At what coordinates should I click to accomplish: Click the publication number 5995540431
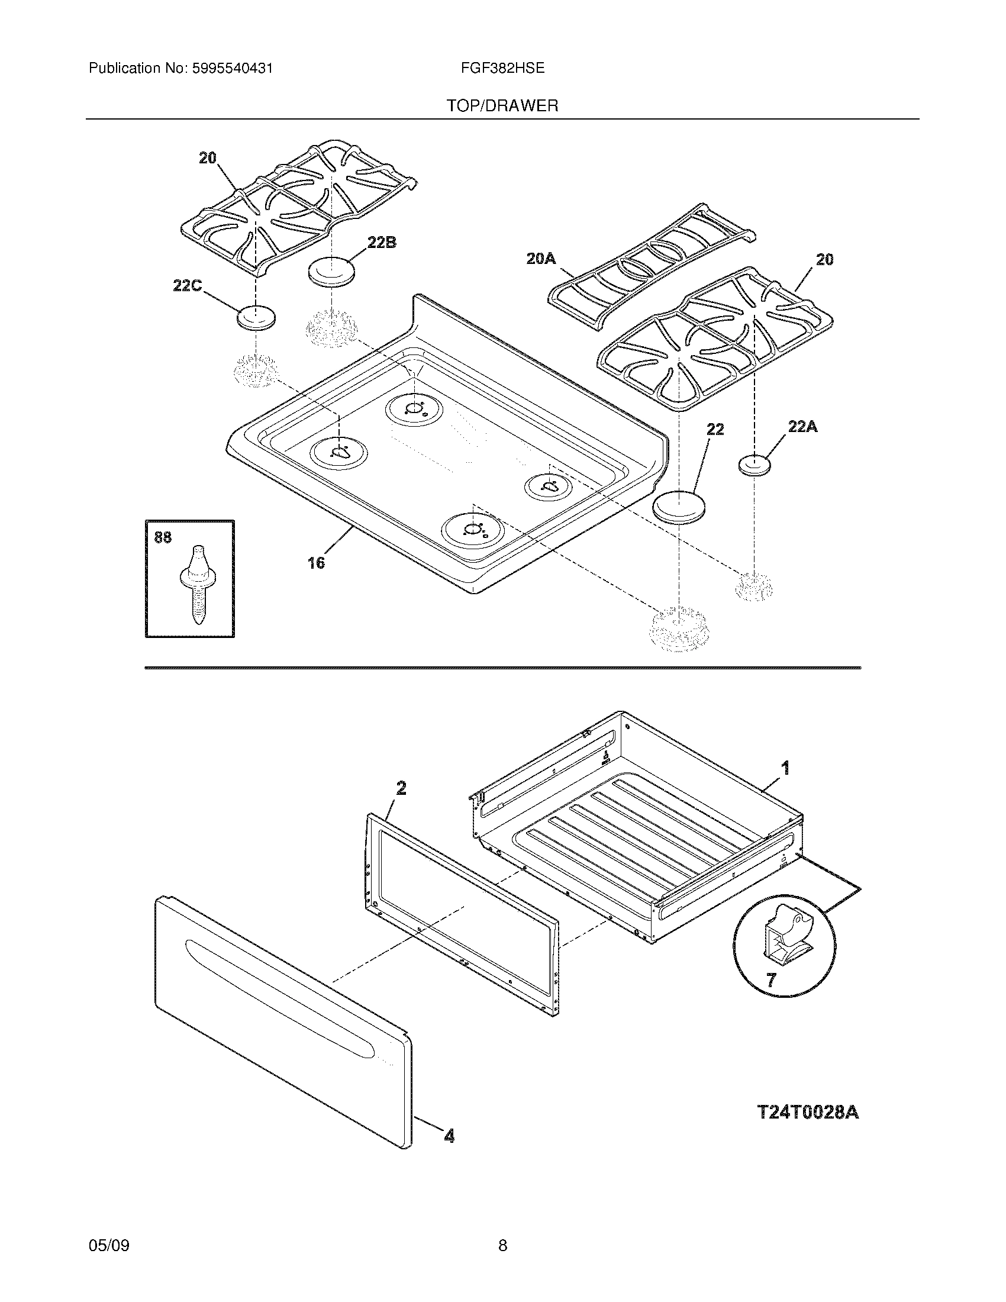coord(232,69)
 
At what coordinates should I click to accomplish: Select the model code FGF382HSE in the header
coord(502,68)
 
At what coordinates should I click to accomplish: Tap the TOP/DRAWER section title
coord(502,106)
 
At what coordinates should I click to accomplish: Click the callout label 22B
coord(382,243)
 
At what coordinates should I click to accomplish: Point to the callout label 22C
coord(187,286)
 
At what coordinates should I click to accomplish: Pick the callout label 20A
coord(540,258)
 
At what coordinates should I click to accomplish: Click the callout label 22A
coord(802,427)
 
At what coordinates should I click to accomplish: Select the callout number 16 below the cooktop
coord(316,562)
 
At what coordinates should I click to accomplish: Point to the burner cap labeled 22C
coord(256,317)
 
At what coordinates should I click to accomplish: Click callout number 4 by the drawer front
coord(449,1136)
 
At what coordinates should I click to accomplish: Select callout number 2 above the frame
coord(401,788)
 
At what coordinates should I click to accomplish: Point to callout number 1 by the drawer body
coord(785,768)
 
